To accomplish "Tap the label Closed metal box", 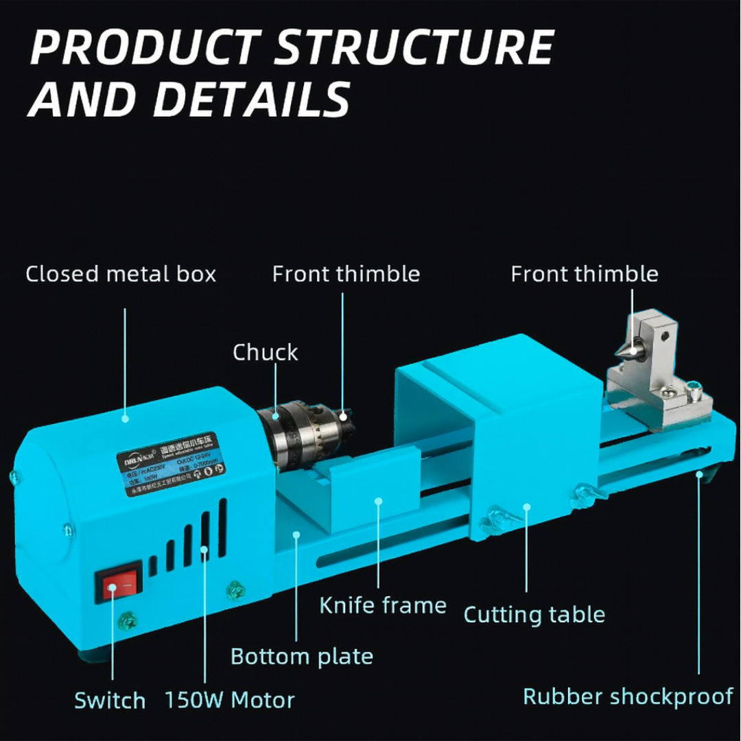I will pos(121,274).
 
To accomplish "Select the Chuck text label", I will pos(265,353).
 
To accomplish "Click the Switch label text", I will pos(110,701).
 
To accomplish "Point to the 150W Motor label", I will pos(229,701).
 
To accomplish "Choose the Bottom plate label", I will pos(302,657).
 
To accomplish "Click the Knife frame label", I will pos(383,606).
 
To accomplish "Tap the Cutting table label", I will pos(534,614).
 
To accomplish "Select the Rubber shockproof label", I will pos(628,697).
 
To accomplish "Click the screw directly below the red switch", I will pos(128,622).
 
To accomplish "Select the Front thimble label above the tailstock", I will pos(584,274).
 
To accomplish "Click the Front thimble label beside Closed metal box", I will pos(346,274).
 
